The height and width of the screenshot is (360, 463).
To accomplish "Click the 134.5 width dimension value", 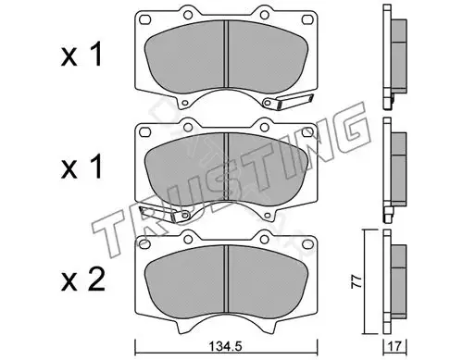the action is coord(226,347).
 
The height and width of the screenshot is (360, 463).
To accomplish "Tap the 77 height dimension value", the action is coord(357,281).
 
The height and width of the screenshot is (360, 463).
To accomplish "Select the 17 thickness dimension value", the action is coord(395,347).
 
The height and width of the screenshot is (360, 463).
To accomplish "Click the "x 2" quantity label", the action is coord(83,280).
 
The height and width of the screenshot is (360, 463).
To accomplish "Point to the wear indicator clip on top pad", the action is coord(287,101).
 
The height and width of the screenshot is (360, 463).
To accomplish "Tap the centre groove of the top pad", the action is coord(226,54).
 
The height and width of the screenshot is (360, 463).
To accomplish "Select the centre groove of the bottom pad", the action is coord(226,279).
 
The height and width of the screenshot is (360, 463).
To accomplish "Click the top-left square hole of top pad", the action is coord(144,19).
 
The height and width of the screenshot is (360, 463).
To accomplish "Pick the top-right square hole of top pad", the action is coord(307,19).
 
